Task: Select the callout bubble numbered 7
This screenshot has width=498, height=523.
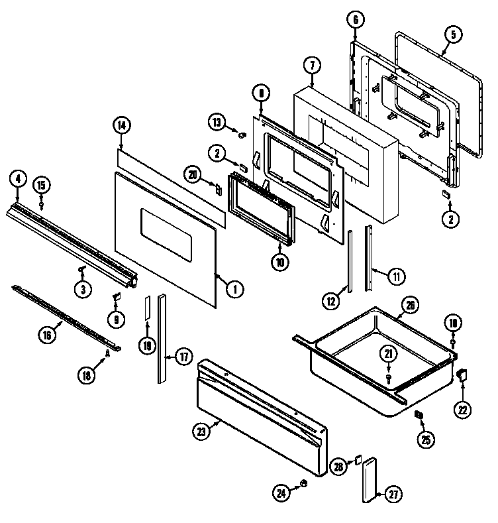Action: click(312, 65)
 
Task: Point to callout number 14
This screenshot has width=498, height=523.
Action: click(121, 125)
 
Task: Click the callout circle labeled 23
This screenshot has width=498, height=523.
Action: click(201, 432)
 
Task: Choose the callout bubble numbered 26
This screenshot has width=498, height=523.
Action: click(411, 306)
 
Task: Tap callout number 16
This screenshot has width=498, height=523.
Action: click(47, 335)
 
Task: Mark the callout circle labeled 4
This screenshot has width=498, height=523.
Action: click(17, 178)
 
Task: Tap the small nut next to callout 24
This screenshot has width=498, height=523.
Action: click(303, 483)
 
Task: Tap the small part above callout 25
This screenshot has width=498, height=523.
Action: click(419, 415)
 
